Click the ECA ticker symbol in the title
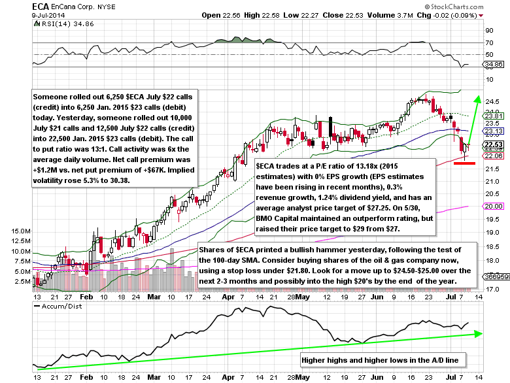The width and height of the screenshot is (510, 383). tap(12, 5)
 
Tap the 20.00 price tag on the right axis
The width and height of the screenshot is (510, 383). tap(492, 206)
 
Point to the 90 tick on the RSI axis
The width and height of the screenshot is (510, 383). tap(488, 30)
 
